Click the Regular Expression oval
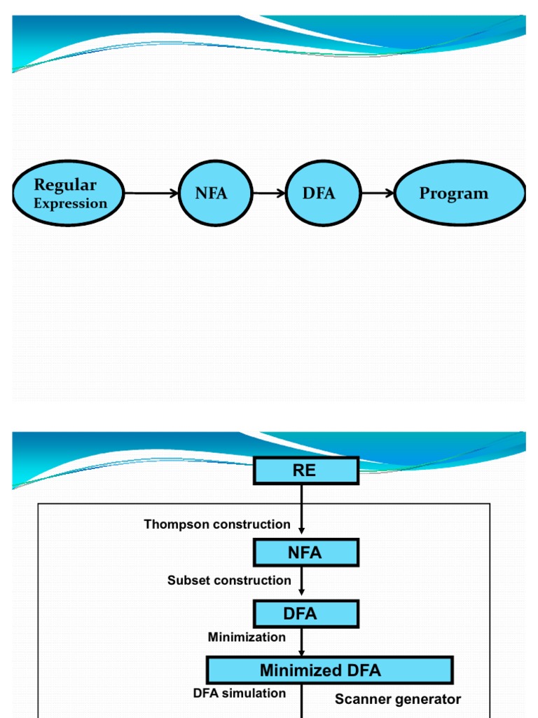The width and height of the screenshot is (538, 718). (x=69, y=193)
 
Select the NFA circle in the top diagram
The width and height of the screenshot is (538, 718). (x=211, y=193)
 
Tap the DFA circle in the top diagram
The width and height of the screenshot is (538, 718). (x=319, y=193)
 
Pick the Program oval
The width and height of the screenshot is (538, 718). (x=460, y=193)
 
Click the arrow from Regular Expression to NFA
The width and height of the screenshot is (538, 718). (x=151, y=193)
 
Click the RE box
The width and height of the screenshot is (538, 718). (x=305, y=470)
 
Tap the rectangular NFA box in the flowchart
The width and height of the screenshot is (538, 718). (x=305, y=553)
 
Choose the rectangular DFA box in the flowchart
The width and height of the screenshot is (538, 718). (x=305, y=614)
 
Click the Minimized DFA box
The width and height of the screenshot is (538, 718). (x=329, y=670)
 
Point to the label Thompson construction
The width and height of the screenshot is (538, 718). (x=217, y=524)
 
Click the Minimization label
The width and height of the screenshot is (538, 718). (x=247, y=637)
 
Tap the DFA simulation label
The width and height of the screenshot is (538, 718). (x=240, y=693)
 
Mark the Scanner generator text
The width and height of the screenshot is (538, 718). (x=398, y=699)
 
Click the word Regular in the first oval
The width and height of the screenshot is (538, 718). (x=65, y=185)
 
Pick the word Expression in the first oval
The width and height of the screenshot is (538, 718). (x=71, y=204)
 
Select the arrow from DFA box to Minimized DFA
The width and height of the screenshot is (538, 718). (x=302, y=642)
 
